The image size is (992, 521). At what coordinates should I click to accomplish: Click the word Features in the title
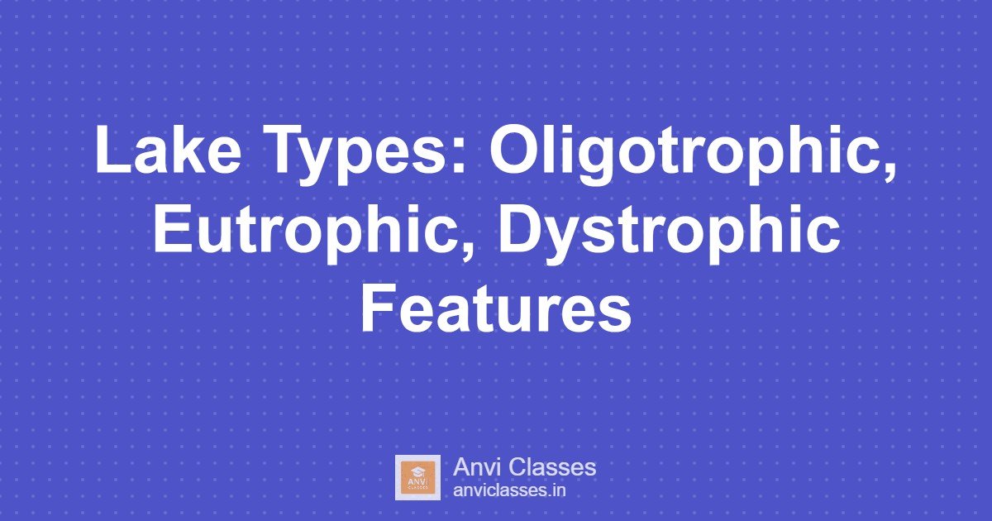(x=495, y=310)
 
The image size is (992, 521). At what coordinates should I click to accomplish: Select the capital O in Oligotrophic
(x=513, y=153)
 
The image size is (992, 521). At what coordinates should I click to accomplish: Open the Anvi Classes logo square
(x=417, y=477)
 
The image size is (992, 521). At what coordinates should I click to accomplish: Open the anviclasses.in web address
(x=509, y=490)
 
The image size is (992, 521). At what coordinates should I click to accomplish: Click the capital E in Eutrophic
(x=169, y=231)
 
